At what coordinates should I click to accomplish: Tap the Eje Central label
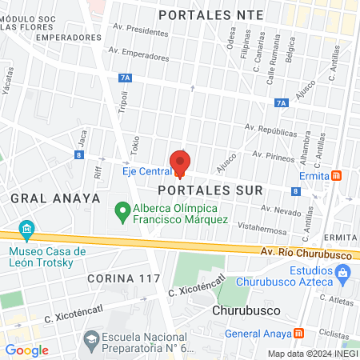[x=147, y=171]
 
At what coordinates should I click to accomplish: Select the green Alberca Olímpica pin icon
[x=122, y=212]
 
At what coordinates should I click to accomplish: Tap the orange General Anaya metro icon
[x=298, y=333]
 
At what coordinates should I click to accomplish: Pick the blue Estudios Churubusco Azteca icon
[x=342, y=273]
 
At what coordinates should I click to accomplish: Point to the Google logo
[x=26, y=350]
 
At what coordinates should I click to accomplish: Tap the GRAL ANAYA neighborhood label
[x=55, y=197]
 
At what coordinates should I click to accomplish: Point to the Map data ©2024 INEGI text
[x=312, y=353]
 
